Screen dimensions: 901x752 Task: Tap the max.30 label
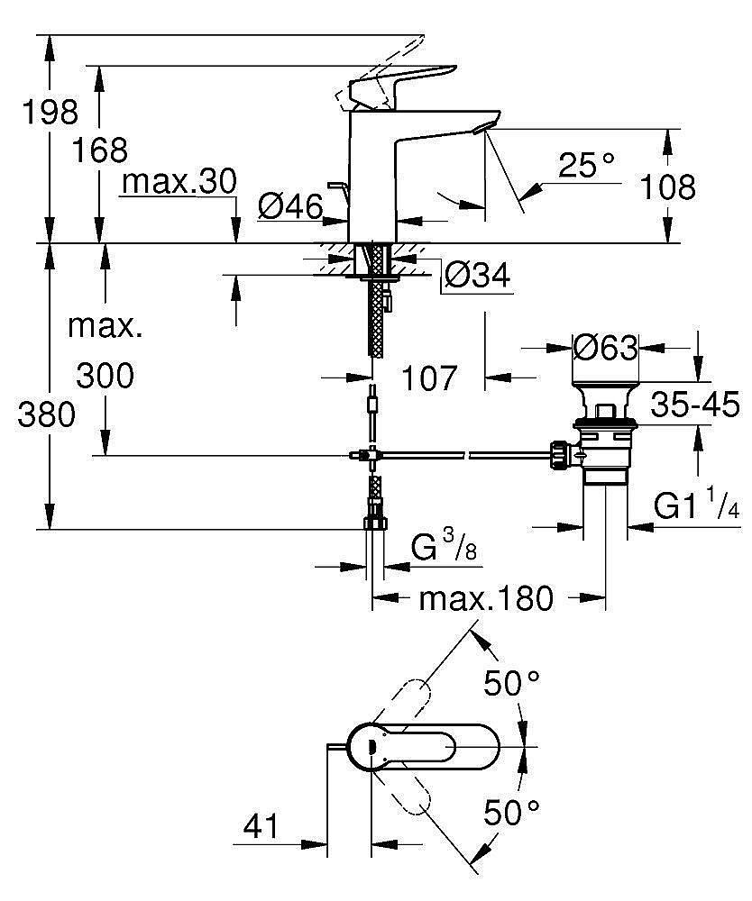tap(179, 182)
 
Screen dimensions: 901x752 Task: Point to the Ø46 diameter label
tap(289, 208)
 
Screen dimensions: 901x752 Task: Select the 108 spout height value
tap(667, 187)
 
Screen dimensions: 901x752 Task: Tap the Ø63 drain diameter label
tap(605, 347)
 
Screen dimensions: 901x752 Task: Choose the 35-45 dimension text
tap(696, 403)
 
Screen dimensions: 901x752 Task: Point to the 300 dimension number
tap(105, 375)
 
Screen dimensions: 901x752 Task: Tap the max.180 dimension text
tap(487, 596)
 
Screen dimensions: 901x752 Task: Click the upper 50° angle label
tap(510, 683)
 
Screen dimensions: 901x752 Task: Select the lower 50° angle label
tap(510, 813)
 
